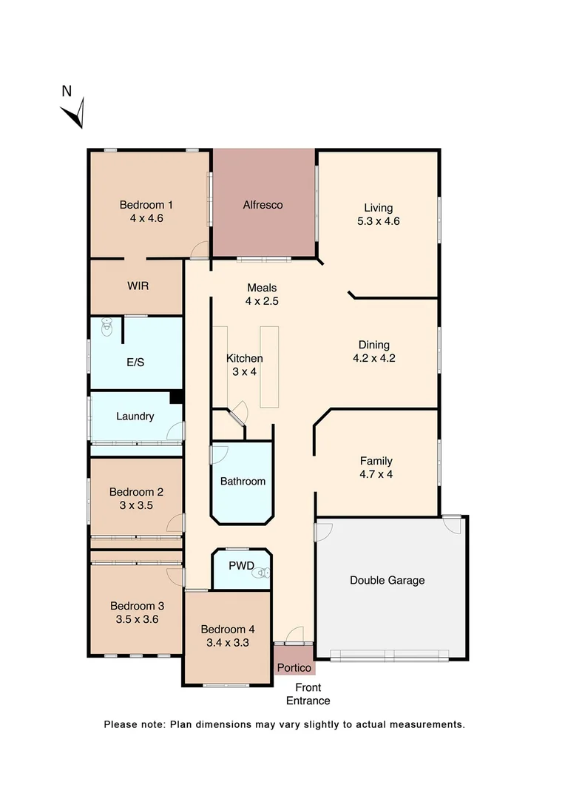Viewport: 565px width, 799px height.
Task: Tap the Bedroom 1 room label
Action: (146, 205)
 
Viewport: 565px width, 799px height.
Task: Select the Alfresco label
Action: (263, 205)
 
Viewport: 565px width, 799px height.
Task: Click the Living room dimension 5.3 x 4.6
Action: (378, 220)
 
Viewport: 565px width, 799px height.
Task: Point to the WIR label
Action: (138, 286)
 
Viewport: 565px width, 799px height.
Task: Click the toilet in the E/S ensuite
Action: (107, 326)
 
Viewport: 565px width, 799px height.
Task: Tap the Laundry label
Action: (135, 417)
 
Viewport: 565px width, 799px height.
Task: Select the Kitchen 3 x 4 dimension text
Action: (244, 371)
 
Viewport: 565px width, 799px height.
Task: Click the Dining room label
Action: (373, 345)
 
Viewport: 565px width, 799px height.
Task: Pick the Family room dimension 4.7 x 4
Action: (376, 474)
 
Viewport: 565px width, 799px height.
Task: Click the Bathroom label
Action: (243, 482)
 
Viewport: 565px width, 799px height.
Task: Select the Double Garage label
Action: (387, 581)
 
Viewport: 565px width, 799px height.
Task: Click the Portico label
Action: (294, 668)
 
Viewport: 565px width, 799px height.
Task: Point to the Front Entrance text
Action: (308, 694)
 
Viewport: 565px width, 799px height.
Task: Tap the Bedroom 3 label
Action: (135, 606)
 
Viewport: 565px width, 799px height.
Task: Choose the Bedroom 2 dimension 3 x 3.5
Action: (136, 505)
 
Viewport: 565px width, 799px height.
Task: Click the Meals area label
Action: (262, 288)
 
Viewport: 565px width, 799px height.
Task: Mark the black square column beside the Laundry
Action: (176, 397)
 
